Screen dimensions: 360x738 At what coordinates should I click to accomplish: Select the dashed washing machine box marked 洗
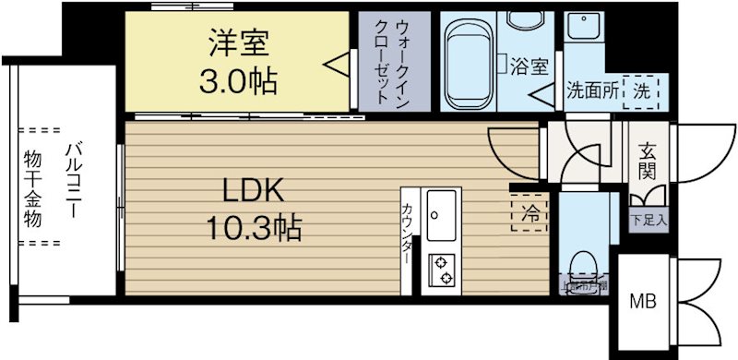pos(642,90)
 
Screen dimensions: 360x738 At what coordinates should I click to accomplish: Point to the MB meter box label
pos(642,301)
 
